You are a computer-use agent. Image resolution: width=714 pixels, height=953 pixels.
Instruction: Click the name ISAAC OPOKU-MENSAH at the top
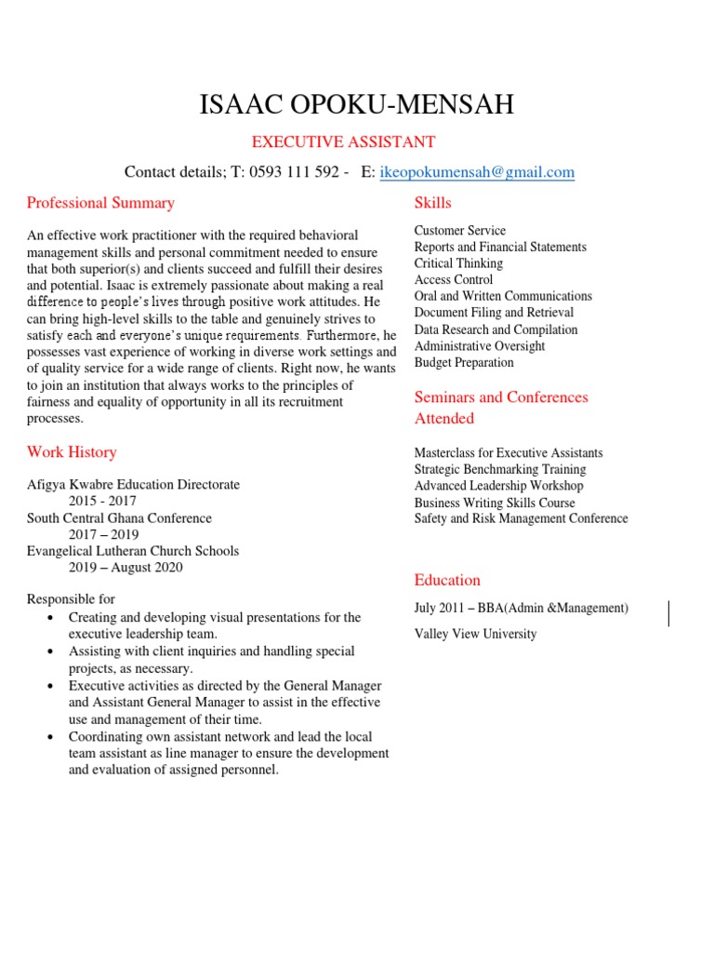(x=356, y=104)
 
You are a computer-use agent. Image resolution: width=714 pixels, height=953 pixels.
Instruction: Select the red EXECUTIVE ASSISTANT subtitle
(x=345, y=142)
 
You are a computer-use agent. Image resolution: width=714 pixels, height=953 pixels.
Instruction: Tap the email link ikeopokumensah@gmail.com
(x=477, y=172)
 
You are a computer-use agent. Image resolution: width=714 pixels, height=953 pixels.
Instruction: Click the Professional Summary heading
(x=100, y=203)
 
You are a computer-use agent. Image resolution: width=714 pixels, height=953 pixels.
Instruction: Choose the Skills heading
(x=432, y=203)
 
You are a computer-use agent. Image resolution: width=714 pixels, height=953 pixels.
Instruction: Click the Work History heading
(x=72, y=452)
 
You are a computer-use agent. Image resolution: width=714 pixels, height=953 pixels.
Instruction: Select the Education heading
(x=447, y=580)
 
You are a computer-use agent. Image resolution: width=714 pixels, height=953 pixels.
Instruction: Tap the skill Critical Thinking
(x=458, y=263)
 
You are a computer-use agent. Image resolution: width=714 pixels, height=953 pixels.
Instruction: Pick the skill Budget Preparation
(x=464, y=362)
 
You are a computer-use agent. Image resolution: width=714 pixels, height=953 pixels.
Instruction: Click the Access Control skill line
(x=454, y=279)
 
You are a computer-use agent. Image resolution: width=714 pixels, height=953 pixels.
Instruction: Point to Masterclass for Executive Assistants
(x=509, y=453)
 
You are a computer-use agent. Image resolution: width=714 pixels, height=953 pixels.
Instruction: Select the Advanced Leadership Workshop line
(x=498, y=486)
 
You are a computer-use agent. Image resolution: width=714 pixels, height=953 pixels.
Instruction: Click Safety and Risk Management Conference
(x=521, y=518)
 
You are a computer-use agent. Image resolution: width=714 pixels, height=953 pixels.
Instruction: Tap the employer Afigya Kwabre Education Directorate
(x=133, y=485)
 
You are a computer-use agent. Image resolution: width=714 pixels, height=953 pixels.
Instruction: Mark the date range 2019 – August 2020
(x=126, y=567)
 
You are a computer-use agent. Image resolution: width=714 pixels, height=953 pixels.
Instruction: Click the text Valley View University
(x=475, y=634)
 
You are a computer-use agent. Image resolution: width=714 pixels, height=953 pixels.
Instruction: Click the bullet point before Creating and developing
(x=49, y=618)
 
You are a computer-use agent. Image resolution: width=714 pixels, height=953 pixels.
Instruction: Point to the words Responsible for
(x=71, y=599)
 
